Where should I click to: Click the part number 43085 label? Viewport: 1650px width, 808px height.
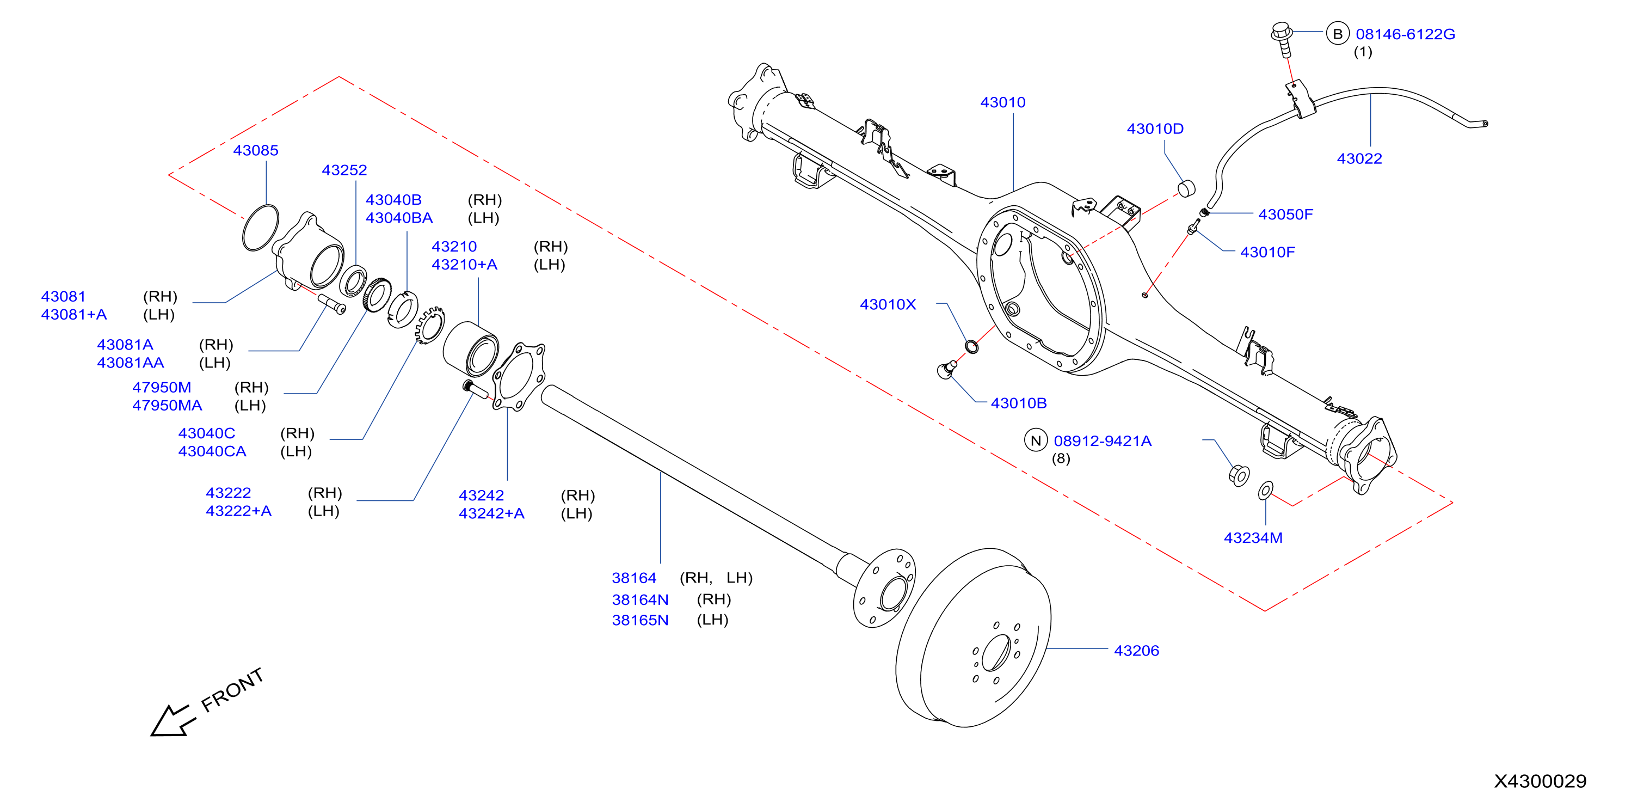tap(256, 151)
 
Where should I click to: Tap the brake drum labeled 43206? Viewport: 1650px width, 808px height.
tap(973, 638)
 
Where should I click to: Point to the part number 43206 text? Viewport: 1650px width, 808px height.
tap(1136, 651)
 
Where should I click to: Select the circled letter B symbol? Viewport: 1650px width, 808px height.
tap(1338, 34)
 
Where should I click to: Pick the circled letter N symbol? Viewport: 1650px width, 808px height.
tap(1036, 441)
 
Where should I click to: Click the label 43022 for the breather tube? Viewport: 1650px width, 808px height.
tap(1359, 159)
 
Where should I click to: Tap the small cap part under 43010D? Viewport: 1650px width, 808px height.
tap(1186, 188)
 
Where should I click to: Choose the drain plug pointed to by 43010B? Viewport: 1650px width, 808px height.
tap(947, 369)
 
